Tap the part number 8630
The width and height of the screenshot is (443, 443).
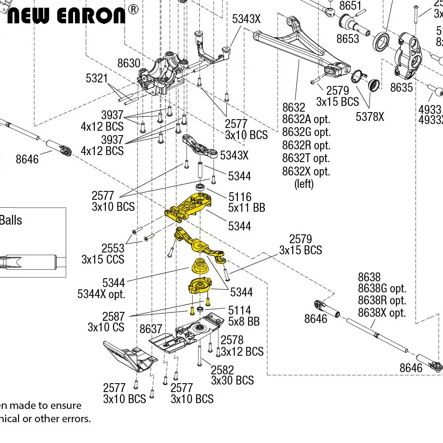128,63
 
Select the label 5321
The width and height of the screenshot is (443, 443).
97,78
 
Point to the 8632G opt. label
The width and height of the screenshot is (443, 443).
306,132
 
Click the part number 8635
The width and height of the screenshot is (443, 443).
401,88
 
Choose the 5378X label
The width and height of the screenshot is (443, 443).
370,117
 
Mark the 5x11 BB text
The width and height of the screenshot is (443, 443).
247,207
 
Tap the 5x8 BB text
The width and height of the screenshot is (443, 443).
244,322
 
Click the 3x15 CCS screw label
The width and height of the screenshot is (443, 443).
103,260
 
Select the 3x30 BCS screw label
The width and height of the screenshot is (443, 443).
232,381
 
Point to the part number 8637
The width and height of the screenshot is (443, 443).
151,329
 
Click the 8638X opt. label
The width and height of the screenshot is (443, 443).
382,313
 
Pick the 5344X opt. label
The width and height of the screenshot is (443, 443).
101,294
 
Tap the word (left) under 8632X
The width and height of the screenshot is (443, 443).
304,184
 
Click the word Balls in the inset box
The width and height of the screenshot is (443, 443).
11,220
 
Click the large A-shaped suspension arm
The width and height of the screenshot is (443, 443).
301,49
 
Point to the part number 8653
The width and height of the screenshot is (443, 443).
348,39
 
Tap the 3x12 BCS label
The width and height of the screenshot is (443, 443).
242,352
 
